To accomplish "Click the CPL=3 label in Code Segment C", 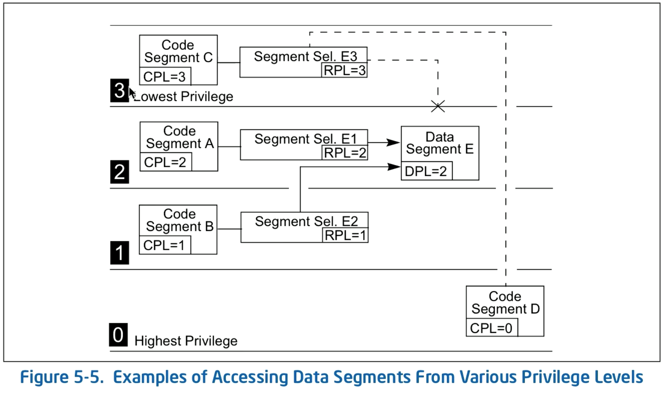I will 165,76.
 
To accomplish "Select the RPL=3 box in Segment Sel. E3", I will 344,70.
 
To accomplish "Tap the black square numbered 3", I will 120,90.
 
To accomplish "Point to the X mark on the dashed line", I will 438,106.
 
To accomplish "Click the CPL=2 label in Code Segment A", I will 165,162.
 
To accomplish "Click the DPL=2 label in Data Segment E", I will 426,171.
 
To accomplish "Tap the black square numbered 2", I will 120,172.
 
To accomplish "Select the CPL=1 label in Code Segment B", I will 164,245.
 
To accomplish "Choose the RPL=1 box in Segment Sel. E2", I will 345,235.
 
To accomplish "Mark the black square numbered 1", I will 120,253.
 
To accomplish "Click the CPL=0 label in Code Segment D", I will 491,328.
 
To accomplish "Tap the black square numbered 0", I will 118,334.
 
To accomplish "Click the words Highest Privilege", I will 186,341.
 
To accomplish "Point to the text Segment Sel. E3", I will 305,56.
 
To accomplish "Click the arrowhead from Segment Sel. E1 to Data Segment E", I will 393,142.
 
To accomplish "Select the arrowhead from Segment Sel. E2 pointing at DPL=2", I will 394,166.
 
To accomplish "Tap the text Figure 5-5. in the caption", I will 61,377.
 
